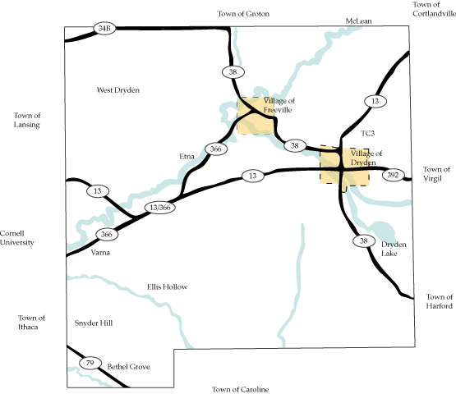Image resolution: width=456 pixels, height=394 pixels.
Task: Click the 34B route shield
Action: click(x=104, y=28)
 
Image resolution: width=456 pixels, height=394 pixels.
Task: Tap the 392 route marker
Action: click(x=394, y=175)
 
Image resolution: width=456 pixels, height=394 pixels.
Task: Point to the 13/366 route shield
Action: click(x=157, y=208)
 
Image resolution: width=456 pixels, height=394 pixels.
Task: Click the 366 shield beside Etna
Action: click(x=216, y=149)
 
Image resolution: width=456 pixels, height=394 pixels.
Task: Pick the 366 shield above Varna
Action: click(x=104, y=235)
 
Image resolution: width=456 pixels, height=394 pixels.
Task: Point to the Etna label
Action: click(x=187, y=155)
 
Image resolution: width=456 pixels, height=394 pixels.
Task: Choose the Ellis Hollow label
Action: click(x=168, y=286)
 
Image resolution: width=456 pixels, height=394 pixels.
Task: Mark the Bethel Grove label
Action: click(x=129, y=367)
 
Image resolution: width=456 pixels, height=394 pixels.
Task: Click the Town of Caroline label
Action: click(x=240, y=388)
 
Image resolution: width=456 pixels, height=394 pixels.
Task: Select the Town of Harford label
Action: click(x=440, y=301)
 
